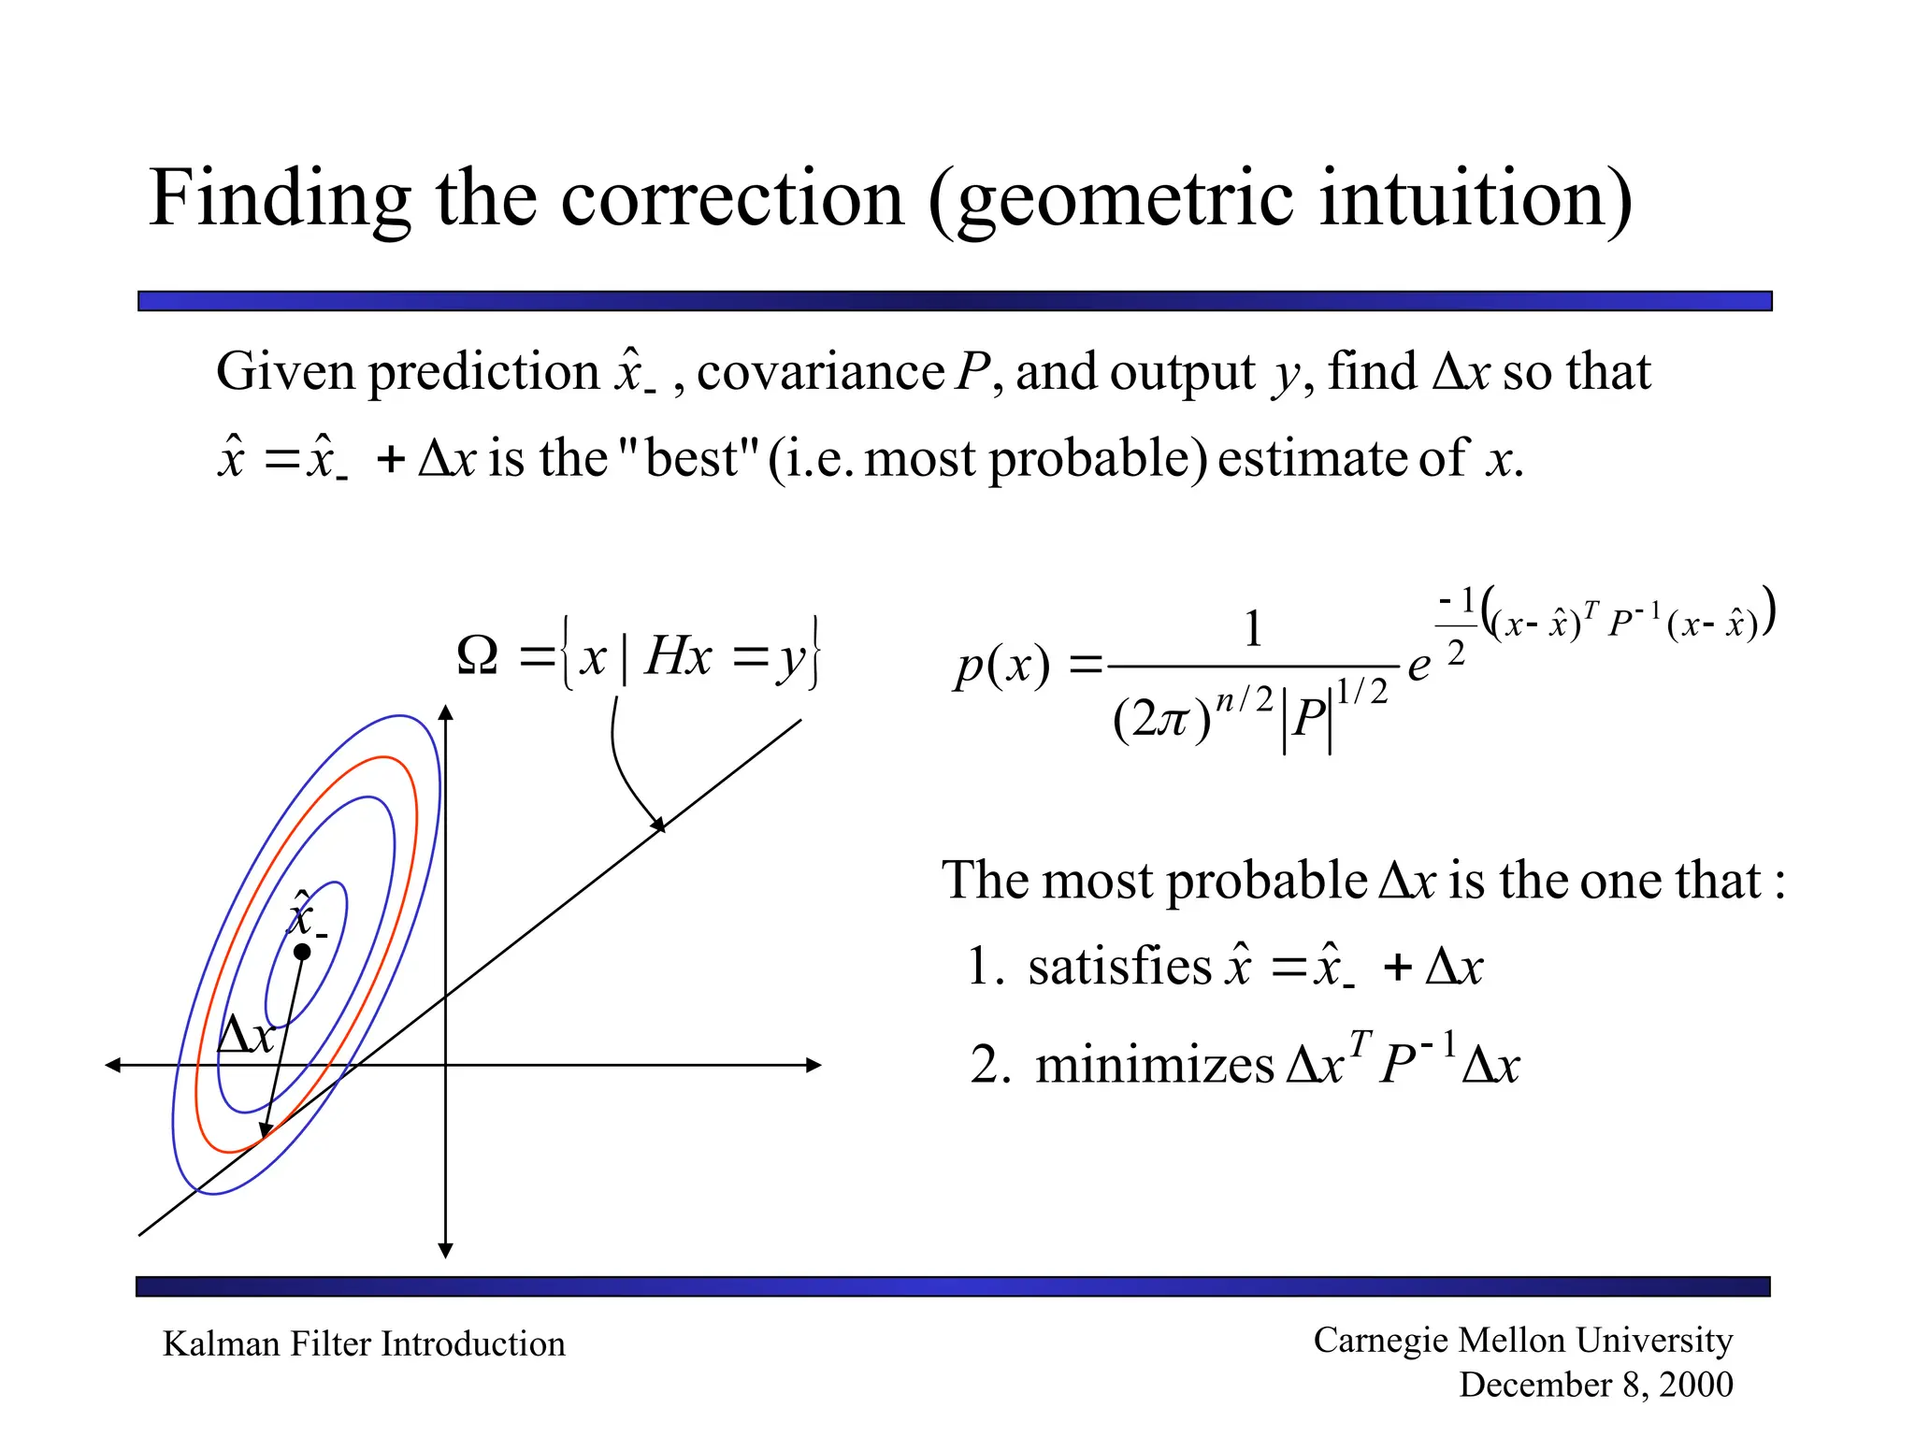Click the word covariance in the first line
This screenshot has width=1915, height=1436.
click(820, 372)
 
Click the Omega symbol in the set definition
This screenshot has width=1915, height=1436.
click(478, 655)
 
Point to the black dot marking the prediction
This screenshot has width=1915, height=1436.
click(302, 952)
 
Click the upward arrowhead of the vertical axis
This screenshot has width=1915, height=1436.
click(446, 713)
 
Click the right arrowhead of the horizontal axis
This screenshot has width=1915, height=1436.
click(813, 1065)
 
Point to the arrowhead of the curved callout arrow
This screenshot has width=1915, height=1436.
click(659, 824)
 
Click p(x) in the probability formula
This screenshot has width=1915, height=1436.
click(1001, 666)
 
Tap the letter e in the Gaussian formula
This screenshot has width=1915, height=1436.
click(1418, 666)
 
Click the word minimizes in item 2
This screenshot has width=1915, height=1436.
click(1155, 1065)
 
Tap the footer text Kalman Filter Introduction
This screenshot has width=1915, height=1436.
click(364, 1343)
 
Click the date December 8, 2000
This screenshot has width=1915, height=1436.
click(1595, 1385)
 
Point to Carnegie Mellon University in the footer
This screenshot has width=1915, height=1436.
click(1522, 1340)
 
